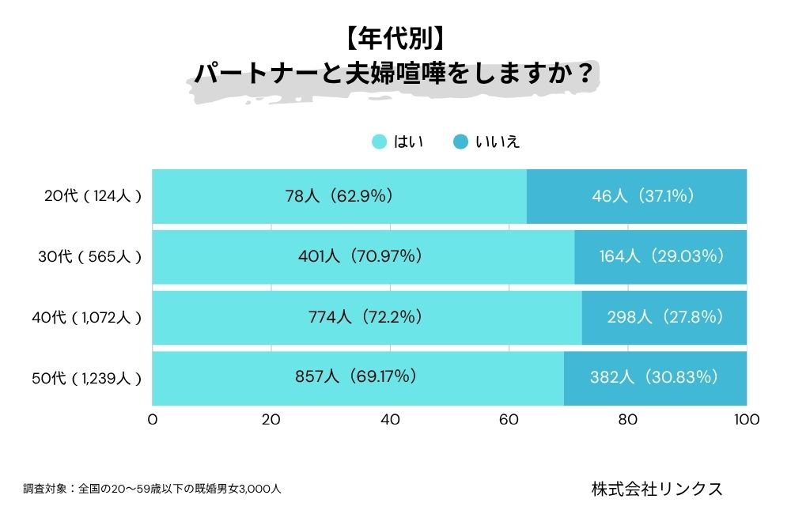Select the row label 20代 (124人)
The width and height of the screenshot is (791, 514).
click(x=92, y=196)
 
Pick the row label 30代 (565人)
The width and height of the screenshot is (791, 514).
click(x=90, y=256)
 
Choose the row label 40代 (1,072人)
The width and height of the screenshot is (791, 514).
click(x=86, y=317)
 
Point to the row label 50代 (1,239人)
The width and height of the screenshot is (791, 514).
click(x=86, y=378)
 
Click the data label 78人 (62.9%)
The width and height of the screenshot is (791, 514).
click(x=339, y=196)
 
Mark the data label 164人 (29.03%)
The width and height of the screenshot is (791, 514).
click(x=661, y=256)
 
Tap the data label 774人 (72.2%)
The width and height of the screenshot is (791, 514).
click(x=365, y=317)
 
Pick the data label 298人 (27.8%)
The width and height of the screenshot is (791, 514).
click(x=665, y=317)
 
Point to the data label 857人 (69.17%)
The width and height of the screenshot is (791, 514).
click(x=357, y=377)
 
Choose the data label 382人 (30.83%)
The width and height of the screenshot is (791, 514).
click(x=654, y=377)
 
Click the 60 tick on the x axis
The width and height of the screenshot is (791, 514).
click(x=509, y=420)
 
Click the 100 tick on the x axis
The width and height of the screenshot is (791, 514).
click(x=746, y=420)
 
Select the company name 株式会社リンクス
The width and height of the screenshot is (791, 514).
click(x=657, y=488)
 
